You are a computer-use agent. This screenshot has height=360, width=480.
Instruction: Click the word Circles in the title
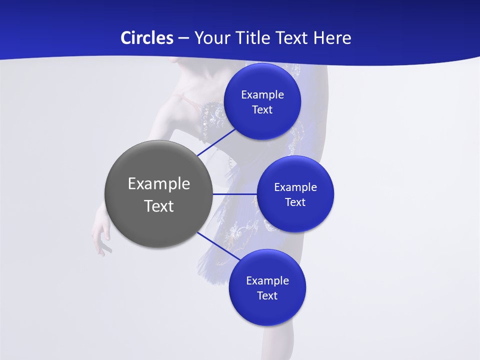coord(146,38)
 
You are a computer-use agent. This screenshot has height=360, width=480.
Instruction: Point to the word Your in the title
coord(210,38)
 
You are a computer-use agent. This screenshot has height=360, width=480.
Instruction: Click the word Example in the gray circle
coord(159,184)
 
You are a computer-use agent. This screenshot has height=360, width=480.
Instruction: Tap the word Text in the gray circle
coord(159,206)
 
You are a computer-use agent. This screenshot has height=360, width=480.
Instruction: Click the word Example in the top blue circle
coord(262,95)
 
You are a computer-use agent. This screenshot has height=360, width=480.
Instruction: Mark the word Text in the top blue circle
coord(262,110)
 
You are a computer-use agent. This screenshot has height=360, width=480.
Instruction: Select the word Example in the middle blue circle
coord(295,187)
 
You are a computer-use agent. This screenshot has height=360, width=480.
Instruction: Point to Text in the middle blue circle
coord(295,202)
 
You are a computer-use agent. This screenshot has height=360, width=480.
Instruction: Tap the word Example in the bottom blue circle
coord(267,281)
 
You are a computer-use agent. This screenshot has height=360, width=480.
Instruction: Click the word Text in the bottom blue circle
coord(267,296)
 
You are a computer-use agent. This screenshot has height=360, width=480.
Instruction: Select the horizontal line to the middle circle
coord(234,194)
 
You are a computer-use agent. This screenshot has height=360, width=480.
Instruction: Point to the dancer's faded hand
coord(101,237)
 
